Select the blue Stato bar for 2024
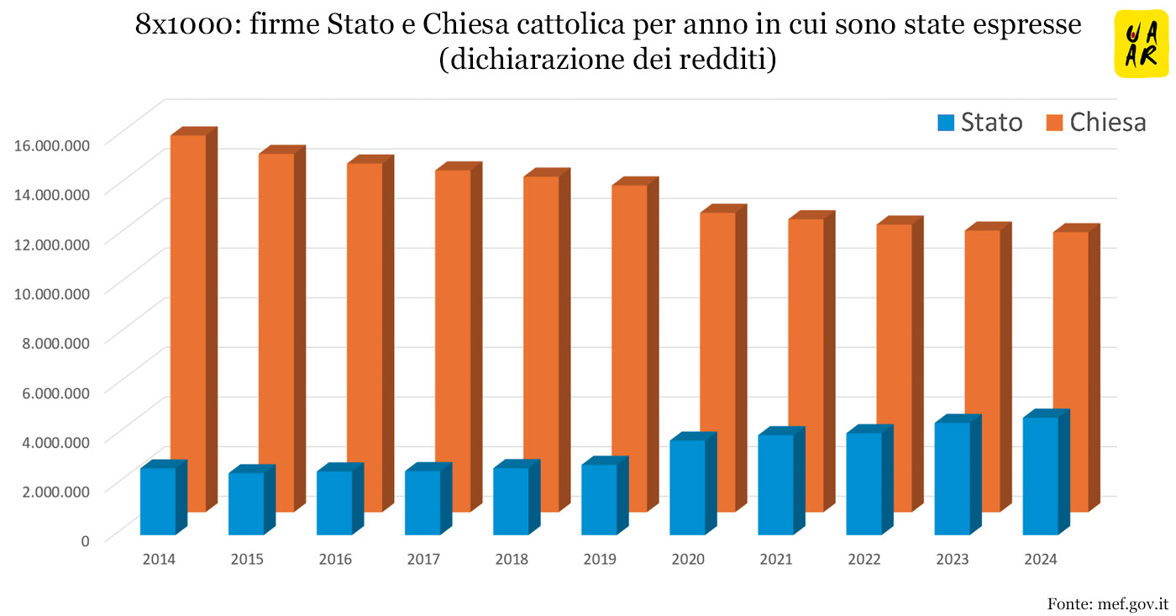[x=1040, y=476]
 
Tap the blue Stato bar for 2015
[x=246, y=503]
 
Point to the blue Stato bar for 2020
[x=687, y=487]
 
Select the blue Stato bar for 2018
[x=511, y=501]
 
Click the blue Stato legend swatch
[x=946, y=123]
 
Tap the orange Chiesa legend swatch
[x=1055, y=123]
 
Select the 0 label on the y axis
[x=84, y=540]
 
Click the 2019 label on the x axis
[x=600, y=559]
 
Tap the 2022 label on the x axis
[x=864, y=559]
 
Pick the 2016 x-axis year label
[x=335, y=559]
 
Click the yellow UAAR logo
[x=1141, y=44]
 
